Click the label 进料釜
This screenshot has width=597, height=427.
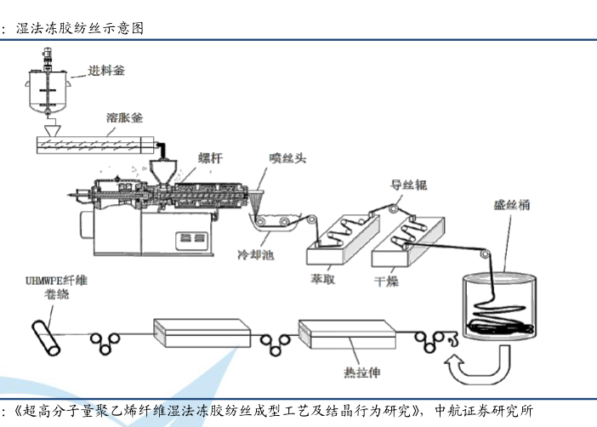click(107, 71)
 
